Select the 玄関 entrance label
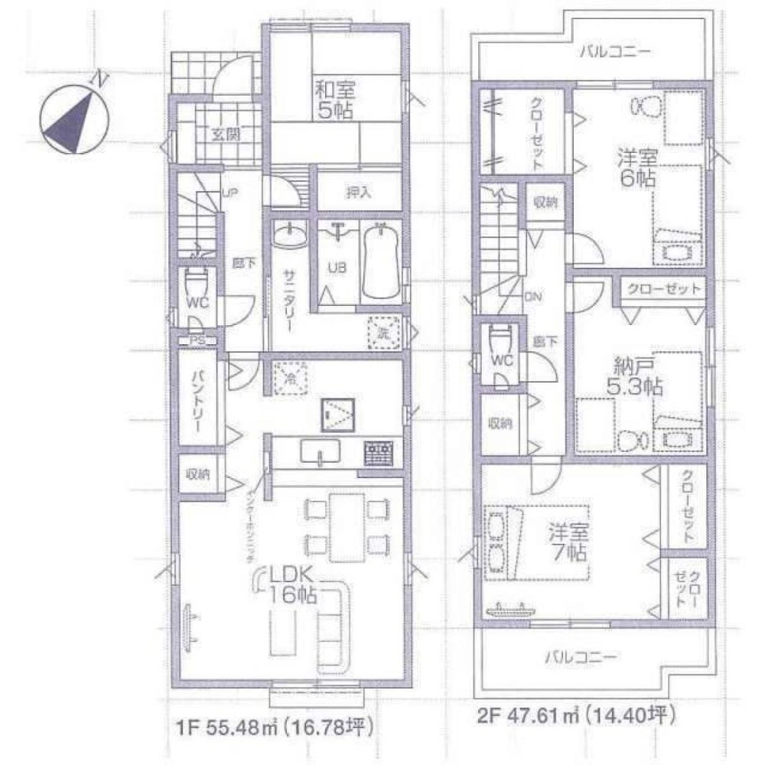(x=223, y=135)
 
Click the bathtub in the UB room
(x=380, y=262)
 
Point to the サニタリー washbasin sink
(x=288, y=235)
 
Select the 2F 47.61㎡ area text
(x=575, y=717)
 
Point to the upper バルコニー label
(x=614, y=53)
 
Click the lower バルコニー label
(x=581, y=656)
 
